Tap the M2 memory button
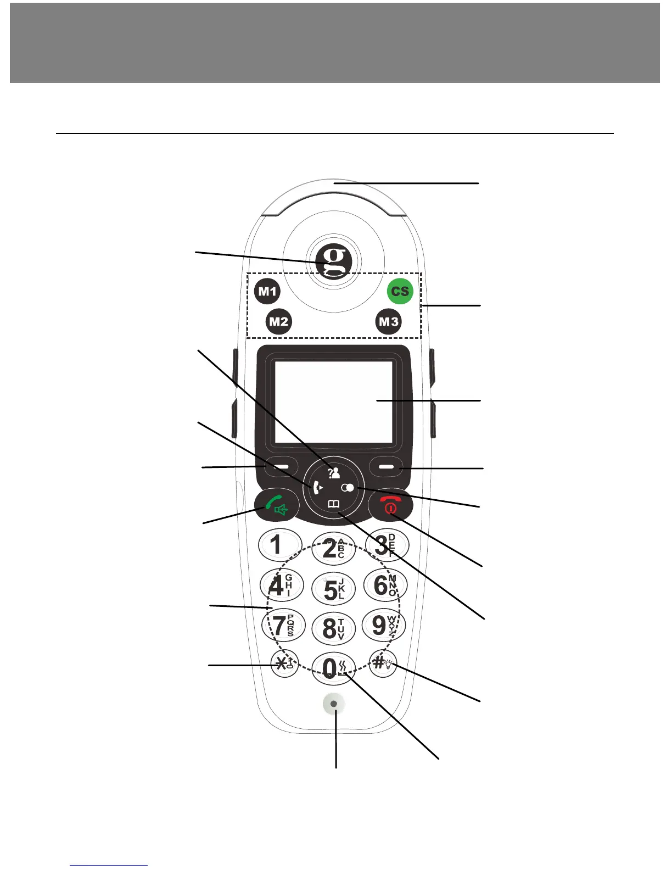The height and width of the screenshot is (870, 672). [x=278, y=321]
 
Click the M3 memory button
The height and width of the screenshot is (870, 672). [x=389, y=321]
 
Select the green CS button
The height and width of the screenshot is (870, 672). [x=400, y=291]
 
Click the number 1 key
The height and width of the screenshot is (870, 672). [x=279, y=545]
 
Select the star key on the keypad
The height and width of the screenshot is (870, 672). [x=284, y=664]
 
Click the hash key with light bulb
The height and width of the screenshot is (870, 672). [x=383, y=663]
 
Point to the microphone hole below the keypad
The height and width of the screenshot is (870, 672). [x=334, y=704]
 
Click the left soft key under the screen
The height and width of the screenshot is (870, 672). [x=281, y=467]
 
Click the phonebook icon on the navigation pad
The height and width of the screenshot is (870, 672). [x=334, y=504]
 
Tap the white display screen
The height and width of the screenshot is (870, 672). [x=333, y=401]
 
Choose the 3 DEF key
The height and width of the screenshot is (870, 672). [x=387, y=545]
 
